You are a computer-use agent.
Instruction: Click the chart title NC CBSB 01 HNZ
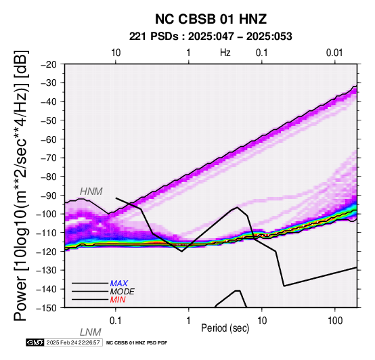[211, 19]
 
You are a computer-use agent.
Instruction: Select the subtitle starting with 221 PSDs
[211, 37]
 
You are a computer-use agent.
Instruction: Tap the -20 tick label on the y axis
[49, 64]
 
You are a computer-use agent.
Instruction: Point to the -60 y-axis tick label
[49, 139]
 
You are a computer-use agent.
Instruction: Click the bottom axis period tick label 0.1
[116, 321]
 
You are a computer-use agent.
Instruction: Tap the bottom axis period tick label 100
[335, 321]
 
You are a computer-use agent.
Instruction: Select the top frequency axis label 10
[116, 53]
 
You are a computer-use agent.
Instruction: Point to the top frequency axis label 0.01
[334, 53]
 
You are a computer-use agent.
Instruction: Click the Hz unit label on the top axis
[225, 53]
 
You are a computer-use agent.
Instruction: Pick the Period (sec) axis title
[225, 328]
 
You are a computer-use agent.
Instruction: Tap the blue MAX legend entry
[119, 284]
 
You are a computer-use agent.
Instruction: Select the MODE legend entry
[123, 292]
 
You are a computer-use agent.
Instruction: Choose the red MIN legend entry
[118, 300]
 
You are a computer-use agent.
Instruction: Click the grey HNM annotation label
[91, 192]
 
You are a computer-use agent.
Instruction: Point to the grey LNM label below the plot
[91, 332]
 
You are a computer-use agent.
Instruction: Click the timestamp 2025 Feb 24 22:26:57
[73, 342]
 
